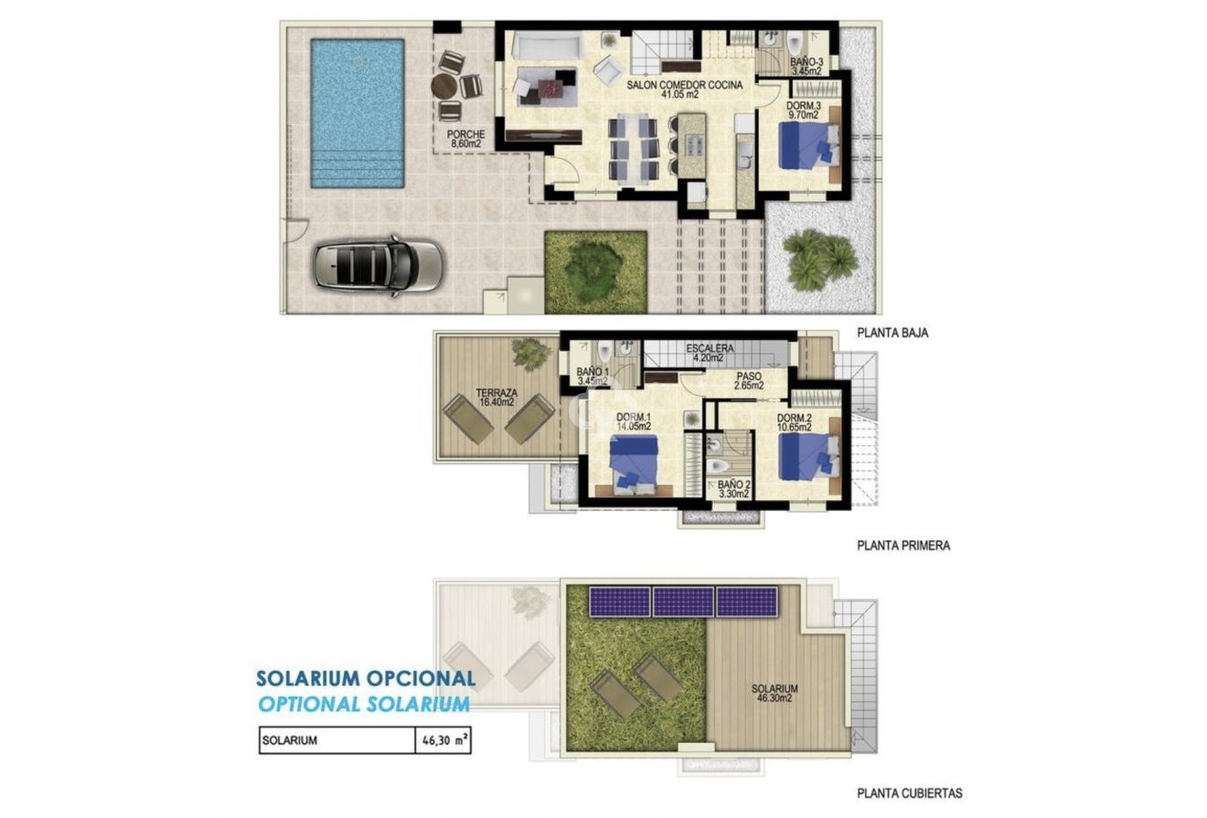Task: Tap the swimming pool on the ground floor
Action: (357, 112)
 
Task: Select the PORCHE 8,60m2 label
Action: (465, 139)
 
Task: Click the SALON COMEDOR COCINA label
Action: (684, 90)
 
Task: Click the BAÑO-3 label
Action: (806, 66)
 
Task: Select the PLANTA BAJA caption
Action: (892, 334)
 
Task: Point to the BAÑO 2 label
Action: (733, 490)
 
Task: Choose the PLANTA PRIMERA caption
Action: (903, 546)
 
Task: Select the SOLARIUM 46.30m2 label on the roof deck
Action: (774, 693)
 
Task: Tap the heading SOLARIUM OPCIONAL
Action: (365, 678)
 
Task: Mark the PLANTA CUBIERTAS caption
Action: (909, 793)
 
